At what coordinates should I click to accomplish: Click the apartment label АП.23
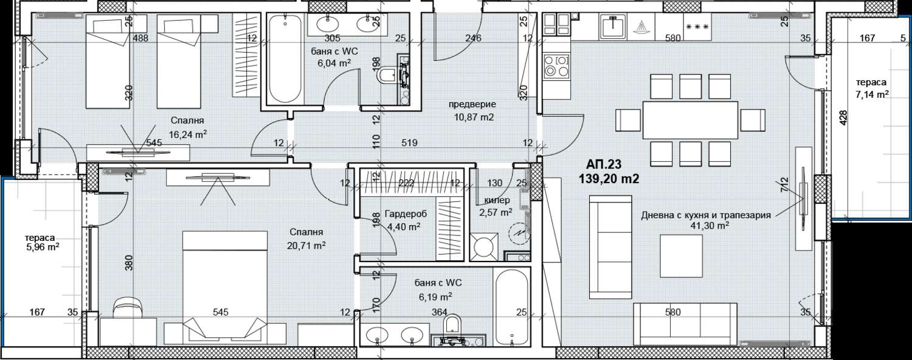(x=604, y=165)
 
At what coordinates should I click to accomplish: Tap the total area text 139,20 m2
(x=609, y=179)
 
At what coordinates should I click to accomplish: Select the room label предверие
(x=472, y=105)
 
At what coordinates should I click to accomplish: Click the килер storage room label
(x=497, y=200)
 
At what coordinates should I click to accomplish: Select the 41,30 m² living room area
(x=705, y=226)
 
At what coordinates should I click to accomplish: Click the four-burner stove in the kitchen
(x=557, y=66)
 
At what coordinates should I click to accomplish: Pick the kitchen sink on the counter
(x=613, y=27)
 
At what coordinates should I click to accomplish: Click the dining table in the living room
(x=690, y=120)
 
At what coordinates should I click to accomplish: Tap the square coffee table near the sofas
(x=681, y=256)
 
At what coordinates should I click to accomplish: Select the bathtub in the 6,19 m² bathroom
(x=512, y=308)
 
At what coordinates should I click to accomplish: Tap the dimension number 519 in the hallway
(x=409, y=143)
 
